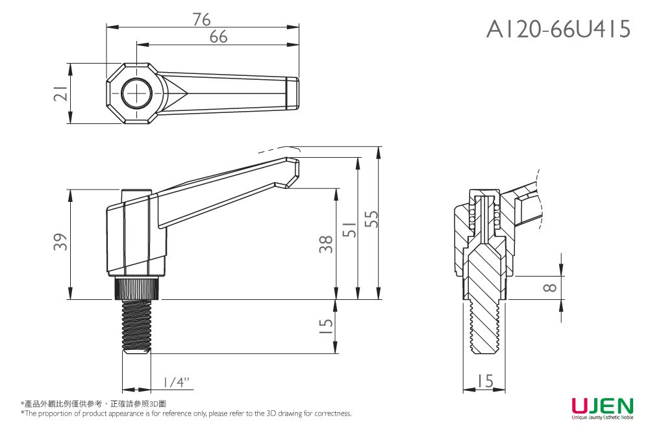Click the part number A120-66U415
[x=558, y=29]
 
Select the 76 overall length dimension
[x=202, y=19]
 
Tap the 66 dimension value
[x=219, y=38]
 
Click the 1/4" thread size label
[x=175, y=382]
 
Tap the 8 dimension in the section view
[x=549, y=287]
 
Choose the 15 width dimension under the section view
[x=484, y=381]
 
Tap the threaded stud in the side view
[x=136, y=325]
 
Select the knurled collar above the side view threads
[x=136, y=287]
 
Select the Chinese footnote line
[x=94, y=404]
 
